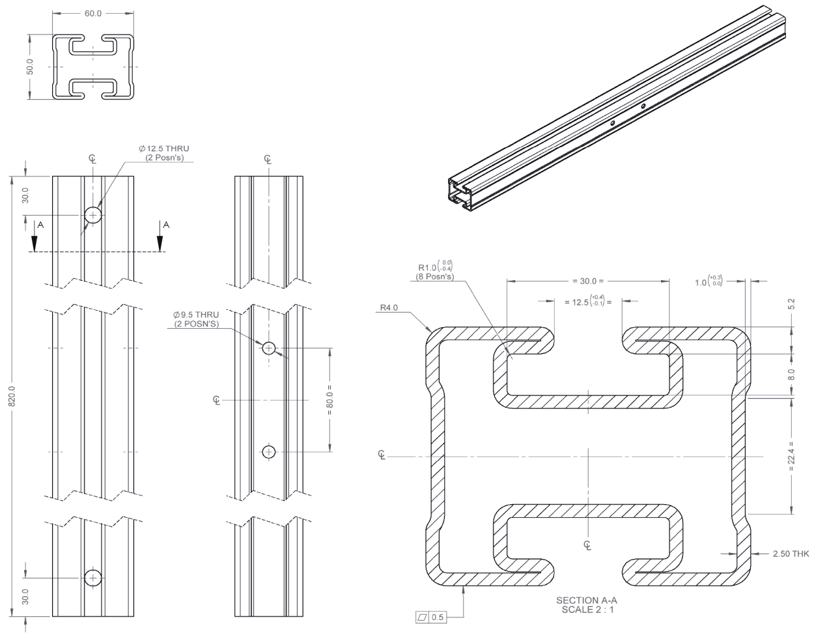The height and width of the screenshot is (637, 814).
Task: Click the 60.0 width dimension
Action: click(x=93, y=14)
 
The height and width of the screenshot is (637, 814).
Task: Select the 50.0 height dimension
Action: click(x=30, y=66)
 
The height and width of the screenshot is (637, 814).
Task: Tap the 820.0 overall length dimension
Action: click(x=12, y=396)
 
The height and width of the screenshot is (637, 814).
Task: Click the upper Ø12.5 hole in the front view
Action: click(x=93, y=216)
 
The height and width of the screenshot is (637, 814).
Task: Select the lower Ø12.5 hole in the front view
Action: click(x=93, y=578)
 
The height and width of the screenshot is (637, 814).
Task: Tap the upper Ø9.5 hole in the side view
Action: click(x=268, y=348)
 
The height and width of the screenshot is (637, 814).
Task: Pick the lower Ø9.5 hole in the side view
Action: click(x=268, y=452)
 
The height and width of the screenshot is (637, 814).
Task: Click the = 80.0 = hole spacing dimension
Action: click(x=330, y=400)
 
